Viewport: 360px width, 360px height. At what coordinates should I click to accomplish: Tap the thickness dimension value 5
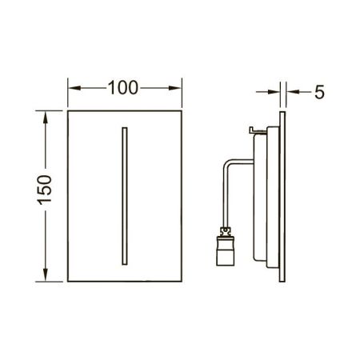coord(318,92)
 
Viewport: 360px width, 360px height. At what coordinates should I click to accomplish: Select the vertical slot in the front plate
coord(124,194)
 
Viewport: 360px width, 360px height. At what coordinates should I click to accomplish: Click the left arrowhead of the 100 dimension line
coord(71,87)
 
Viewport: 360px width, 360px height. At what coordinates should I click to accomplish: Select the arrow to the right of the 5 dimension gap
coord(292,92)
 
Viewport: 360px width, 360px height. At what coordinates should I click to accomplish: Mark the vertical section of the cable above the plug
coord(225,196)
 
